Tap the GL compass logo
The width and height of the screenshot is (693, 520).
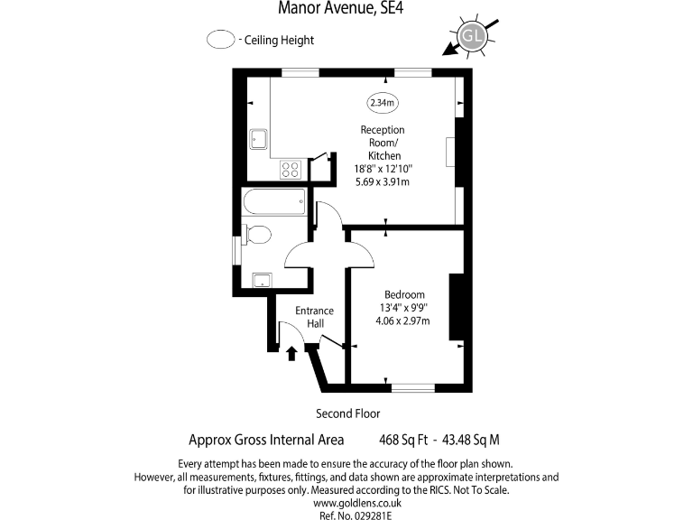(x=470, y=35)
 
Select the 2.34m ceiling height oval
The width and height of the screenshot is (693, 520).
(x=383, y=103)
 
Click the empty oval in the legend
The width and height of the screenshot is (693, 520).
(x=219, y=40)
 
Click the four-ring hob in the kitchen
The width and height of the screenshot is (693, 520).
(x=291, y=169)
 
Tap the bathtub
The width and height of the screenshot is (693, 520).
(x=273, y=202)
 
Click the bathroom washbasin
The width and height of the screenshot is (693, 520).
(x=263, y=279)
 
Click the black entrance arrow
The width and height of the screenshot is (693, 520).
(x=291, y=353)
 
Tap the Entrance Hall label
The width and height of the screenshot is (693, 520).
(x=315, y=317)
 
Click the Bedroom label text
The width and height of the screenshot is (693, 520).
(x=404, y=295)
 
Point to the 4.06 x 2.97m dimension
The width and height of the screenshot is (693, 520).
(x=404, y=320)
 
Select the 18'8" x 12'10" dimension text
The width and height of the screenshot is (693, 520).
(x=383, y=168)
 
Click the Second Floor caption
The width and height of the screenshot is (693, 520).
(x=347, y=413)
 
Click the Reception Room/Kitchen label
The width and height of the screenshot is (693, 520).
(x=383, y=143)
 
